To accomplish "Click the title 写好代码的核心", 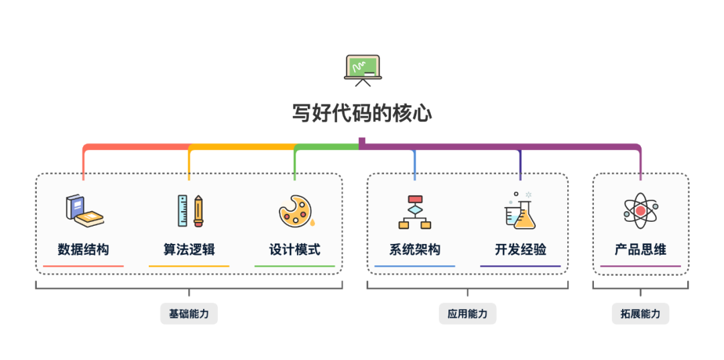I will pos(362,113).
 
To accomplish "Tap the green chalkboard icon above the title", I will pos(362,69).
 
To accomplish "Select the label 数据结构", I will pos(83,250).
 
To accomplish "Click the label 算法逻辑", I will pos(189,250).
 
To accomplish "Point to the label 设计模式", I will pos(295,250).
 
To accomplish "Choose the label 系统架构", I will pos(415,250).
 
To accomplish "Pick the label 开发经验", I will pos(521,250).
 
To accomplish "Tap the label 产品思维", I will pos(640,250).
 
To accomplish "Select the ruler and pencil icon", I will pos(190,211).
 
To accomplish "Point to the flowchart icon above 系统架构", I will pos(415,212).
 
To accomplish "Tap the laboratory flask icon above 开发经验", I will pos(520,211).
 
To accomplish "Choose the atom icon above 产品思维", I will pos(640,211).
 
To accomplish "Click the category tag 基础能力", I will pos(188,314).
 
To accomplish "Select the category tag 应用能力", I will pos(467,314).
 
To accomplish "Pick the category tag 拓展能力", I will pos(640,314).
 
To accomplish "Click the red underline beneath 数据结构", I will pos(83,266).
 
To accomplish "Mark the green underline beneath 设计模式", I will pos(295,266).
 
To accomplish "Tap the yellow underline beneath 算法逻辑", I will pos(189,266).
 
